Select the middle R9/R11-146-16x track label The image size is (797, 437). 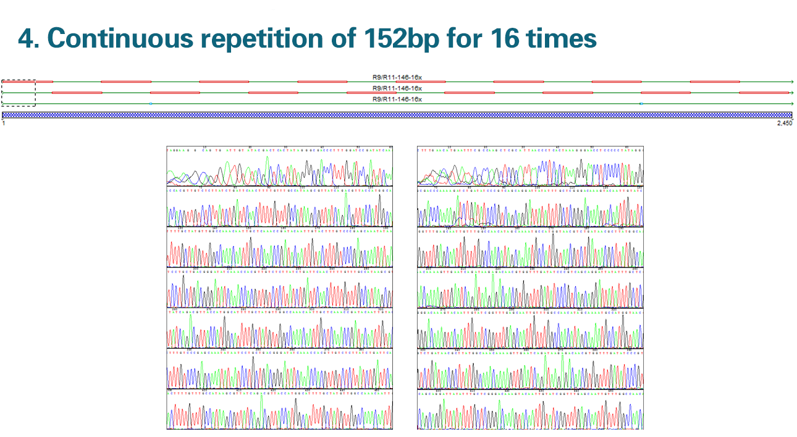[x=397, y=88]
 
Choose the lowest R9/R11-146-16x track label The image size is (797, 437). [x=397, y=99]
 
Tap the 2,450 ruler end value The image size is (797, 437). [x=784, y=124]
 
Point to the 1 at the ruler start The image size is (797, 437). [x=4, y=124]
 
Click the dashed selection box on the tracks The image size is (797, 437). [x=19, y=93]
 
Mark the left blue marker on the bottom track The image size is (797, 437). [x=150, y=103]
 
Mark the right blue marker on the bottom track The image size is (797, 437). [x=641, y=103]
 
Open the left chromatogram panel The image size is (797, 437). [x=279, y=287]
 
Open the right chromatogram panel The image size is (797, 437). [x=530, y=287]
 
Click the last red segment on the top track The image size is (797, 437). [x=715, y=82]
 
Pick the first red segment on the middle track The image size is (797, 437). [x=77, y=93]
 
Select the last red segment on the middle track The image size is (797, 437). [x=764, y=93]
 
